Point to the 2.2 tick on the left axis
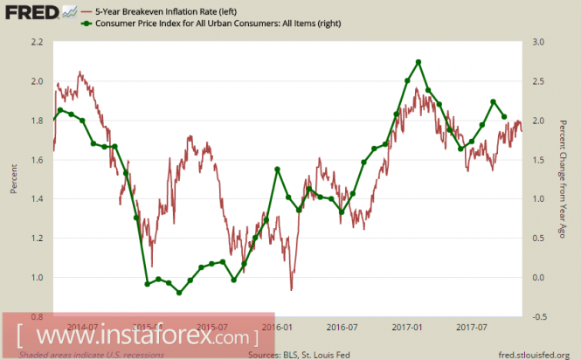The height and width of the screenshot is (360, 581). pos(37,42)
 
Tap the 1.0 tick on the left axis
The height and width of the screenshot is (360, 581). pos(37,278)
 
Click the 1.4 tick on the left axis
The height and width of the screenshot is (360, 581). pos(37,199)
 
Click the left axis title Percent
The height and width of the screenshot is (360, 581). pos(13,178)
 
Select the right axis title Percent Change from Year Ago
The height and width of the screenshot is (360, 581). pos(566,178)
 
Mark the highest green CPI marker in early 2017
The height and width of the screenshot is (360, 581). pos(419,62)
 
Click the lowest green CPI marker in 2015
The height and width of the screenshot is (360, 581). pos(179,293)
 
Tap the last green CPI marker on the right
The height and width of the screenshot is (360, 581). pos(504,116)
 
